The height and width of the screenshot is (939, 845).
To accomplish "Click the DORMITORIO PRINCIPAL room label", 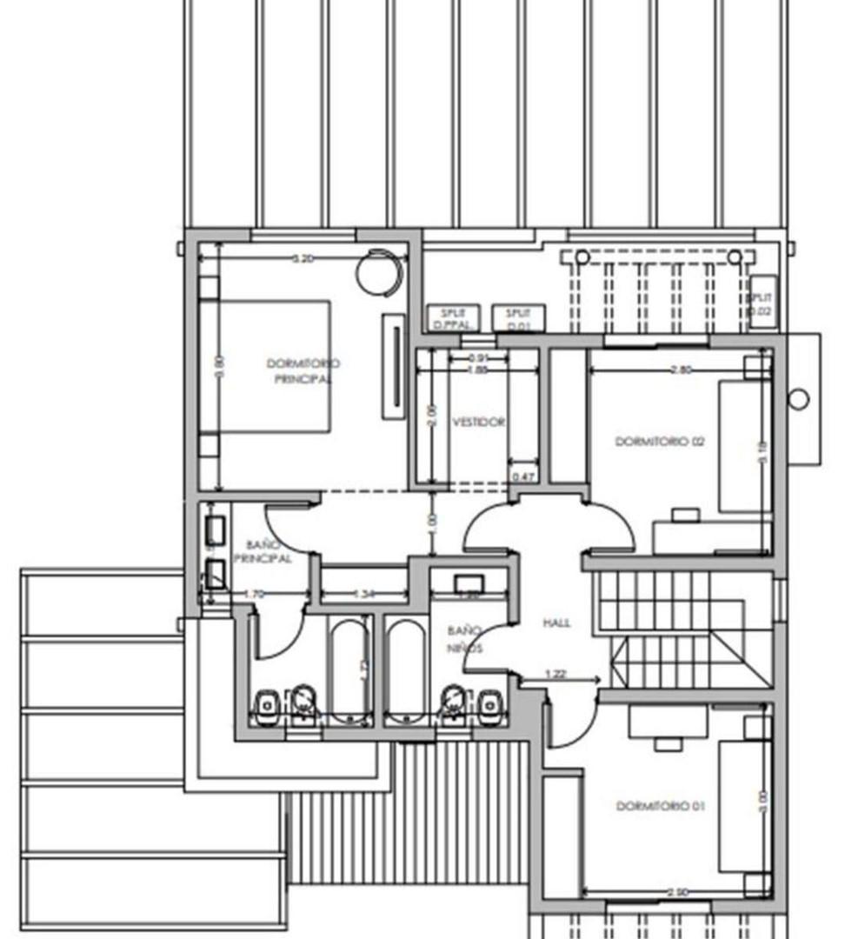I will (x=303, y=371).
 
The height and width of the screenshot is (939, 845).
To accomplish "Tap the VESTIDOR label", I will (x=478, y=422).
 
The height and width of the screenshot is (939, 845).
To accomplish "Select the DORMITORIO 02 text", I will (x=660, y=442).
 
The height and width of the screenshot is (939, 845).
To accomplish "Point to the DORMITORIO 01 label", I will (x=660, y=806).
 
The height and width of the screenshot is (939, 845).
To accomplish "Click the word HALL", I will (x=556, y=623).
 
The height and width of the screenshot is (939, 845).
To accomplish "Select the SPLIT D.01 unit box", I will (x=518, y=318).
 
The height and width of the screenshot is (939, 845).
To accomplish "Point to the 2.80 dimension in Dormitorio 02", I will (x=682, y=370).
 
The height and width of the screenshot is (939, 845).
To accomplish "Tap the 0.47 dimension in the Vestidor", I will (x=522, y=476).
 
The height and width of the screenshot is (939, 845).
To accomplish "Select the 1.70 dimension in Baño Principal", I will (x=254, y=594).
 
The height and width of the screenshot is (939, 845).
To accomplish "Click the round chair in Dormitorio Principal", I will (x=381, y=270).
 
